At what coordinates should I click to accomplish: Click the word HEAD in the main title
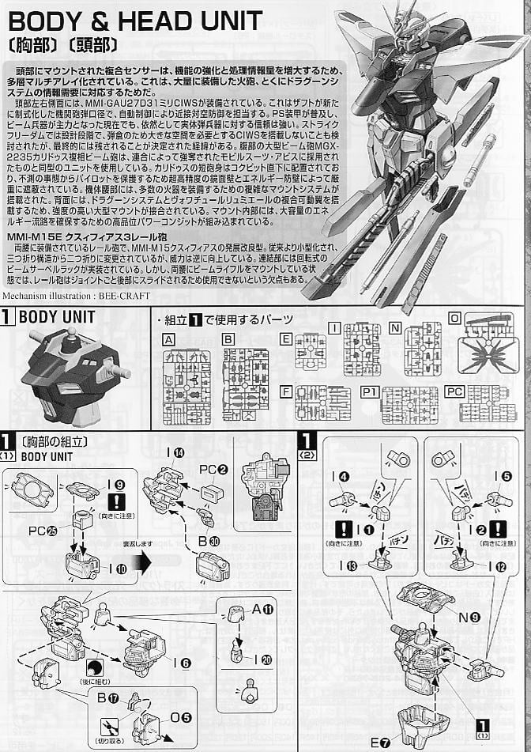tap(156, 21)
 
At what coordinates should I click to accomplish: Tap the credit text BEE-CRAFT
tap(124, 296)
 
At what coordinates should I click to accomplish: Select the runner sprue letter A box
tap(168, 339)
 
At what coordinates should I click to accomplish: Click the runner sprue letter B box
tap(228, 339)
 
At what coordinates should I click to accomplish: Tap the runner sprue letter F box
tap(286, 391)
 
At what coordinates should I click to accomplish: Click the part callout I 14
tap(175, 453)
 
